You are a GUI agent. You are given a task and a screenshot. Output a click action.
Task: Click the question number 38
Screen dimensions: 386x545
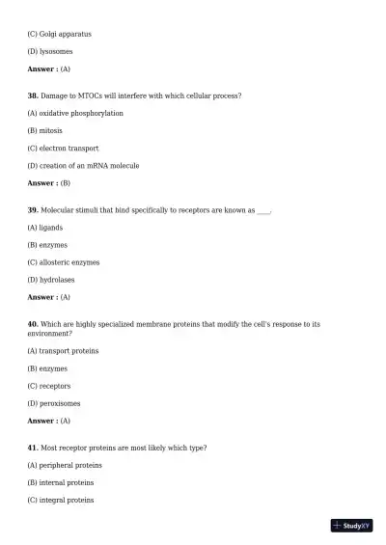(x=33, y=95)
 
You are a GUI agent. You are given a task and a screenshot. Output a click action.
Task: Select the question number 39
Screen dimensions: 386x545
(x=33, y=209)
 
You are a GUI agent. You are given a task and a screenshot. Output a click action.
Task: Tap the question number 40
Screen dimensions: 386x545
(x=33, y=324)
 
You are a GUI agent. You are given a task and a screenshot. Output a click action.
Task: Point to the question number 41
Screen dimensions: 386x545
(x=33, y=448)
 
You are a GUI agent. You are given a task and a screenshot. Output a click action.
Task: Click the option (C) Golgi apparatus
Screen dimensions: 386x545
(x=59, y=34)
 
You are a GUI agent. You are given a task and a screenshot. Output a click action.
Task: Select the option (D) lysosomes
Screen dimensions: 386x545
(x=49, y=51)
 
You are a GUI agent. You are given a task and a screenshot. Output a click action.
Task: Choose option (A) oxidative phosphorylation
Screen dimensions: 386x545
(x=75, y=113)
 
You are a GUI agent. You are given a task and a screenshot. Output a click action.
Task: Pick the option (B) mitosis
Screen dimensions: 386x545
(x=45, y=130)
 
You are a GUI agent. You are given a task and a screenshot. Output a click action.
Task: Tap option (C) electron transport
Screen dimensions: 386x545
(x=63, y=148)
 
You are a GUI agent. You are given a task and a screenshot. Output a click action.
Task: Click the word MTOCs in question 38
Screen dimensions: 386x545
(x=92, y=95)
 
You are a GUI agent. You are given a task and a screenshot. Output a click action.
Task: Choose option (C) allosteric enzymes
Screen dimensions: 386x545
(x=63, y=261)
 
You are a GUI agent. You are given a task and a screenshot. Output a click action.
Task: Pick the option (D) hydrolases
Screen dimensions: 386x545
(x=51, y=280)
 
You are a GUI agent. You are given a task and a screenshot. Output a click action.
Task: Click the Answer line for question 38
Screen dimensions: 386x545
(x=48, y=182)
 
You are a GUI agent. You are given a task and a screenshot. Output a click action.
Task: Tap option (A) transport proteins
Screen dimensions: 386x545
(x=63, y=350)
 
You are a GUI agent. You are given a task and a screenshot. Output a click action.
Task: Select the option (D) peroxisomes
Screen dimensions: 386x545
(x=54, y=403)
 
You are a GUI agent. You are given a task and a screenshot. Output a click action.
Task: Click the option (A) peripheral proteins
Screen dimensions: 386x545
(x=65, y=465)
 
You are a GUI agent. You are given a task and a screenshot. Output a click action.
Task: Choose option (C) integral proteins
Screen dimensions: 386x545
(x=61, y=500)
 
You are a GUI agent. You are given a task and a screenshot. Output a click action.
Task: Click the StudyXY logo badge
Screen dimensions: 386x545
(x=351, y=526)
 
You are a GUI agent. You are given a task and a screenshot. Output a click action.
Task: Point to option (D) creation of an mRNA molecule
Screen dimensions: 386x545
(x=83, y=165)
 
